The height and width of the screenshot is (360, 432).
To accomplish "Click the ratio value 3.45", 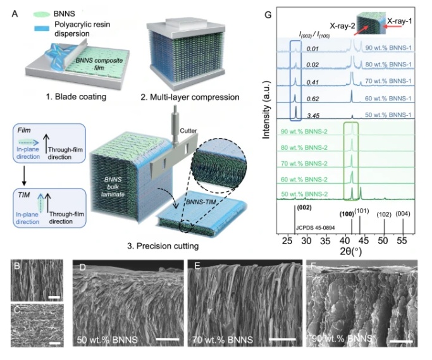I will click(314, 115).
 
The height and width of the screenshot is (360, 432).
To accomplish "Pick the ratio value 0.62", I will click(314, 98).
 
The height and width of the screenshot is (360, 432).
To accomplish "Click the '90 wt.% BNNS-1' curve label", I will click(386, 47).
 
